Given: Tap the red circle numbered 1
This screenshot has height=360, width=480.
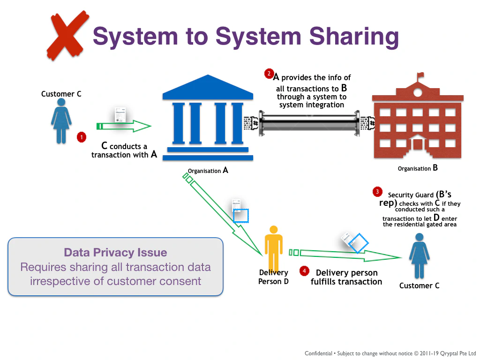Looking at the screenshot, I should click(82, 137).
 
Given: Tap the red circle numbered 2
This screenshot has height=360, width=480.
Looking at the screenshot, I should click(269, 73).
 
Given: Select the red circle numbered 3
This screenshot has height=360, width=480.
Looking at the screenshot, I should click(377, 191).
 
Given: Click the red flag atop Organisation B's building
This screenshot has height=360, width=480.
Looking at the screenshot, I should click(420, 75).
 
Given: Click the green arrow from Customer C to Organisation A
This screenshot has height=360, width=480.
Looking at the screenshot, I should click(124, 126).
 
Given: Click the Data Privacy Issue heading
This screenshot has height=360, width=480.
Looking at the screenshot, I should click(115, 253).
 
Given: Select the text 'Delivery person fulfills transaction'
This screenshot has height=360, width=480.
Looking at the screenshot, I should click(346, 277).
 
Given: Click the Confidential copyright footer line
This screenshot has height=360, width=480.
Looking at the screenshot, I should click(390, 353).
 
